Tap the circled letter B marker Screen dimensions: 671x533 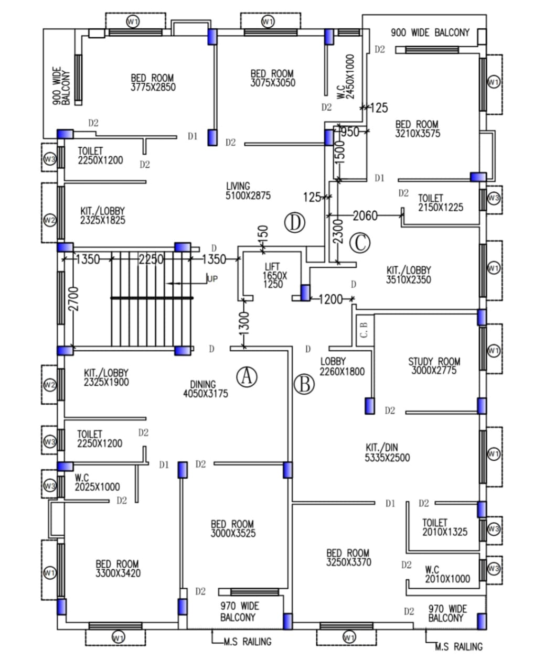304,384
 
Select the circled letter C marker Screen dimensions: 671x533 360,243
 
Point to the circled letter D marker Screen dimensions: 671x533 295,223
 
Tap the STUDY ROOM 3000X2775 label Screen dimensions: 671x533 434,366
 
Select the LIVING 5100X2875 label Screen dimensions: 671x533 248,191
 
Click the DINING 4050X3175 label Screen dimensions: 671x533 205,389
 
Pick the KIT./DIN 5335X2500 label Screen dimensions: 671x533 387,452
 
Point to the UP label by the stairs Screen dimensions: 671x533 212,279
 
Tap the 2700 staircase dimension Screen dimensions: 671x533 73,298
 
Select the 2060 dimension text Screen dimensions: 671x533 365,215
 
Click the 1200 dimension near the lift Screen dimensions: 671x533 331,299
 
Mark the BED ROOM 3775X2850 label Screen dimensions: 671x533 153,83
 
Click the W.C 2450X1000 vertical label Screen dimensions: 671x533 345,77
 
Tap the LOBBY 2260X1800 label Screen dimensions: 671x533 342,366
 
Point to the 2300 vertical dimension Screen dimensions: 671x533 338,232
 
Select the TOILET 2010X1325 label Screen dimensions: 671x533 444,527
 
